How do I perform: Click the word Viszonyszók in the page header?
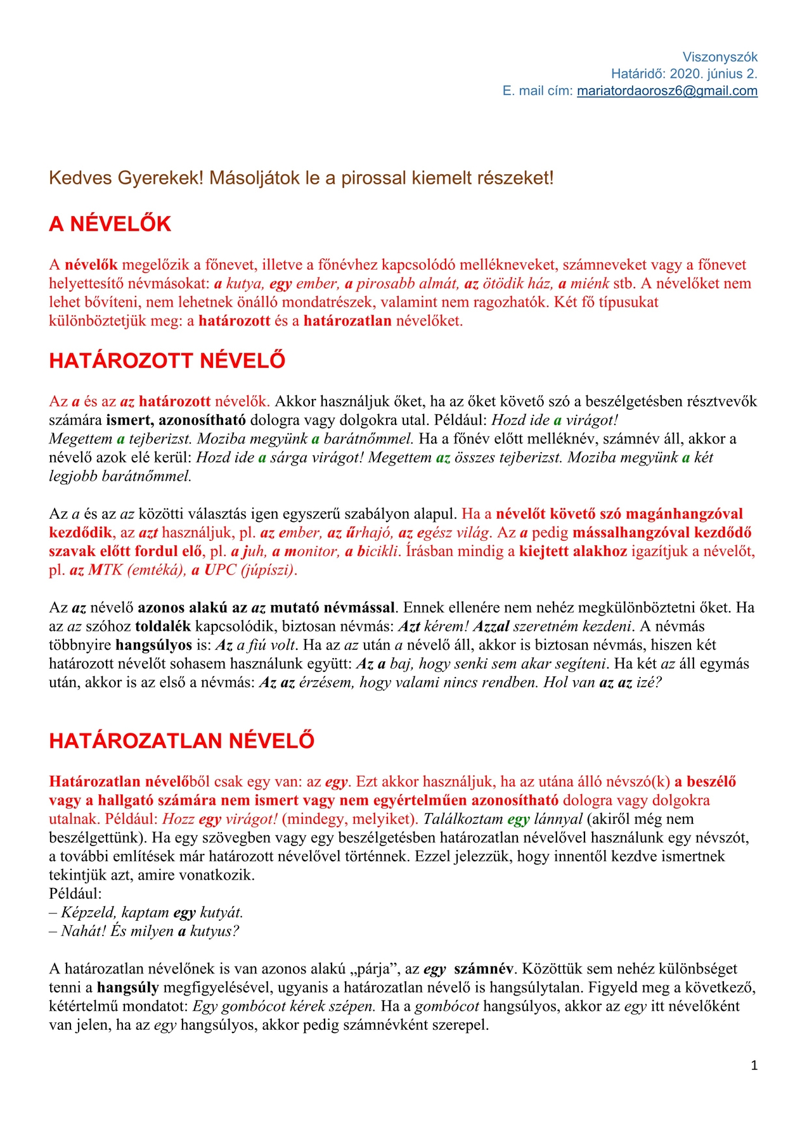(x=720, y=57)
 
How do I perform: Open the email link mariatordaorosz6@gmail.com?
(x=667, y=91)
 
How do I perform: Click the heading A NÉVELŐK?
(x=110, y=224)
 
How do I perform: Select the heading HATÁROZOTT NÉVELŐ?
(x=167, y=361)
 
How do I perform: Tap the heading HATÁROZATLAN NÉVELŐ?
(x=182, y=741)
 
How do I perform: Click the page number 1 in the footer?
(x=754, y=1066)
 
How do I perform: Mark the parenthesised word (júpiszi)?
(x=268, y=570)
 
